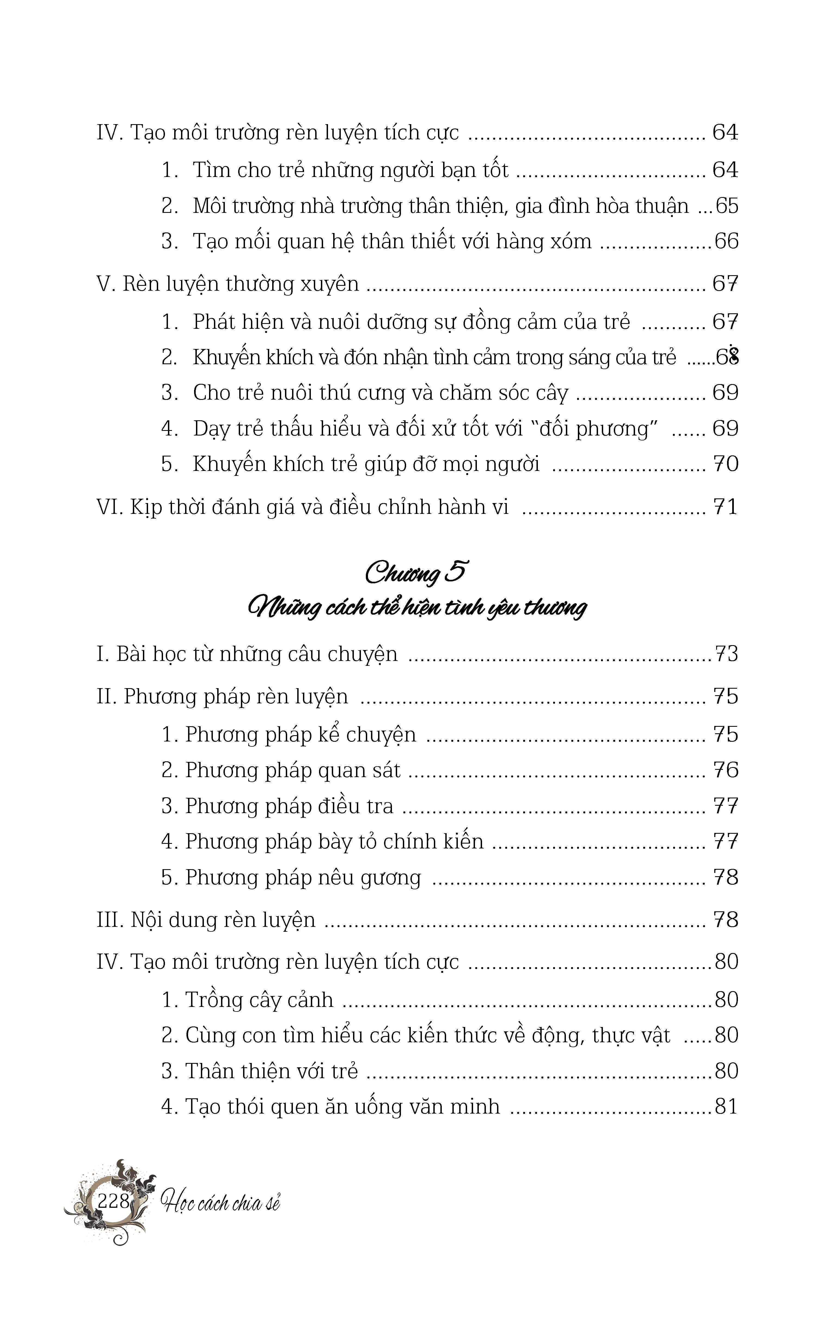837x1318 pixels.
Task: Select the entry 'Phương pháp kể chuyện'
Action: point(300,734)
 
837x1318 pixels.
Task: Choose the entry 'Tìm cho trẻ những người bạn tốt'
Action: point(350,170)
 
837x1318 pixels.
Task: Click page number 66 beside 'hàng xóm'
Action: point(726,241)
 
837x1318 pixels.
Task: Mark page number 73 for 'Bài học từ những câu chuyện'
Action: point(726,654)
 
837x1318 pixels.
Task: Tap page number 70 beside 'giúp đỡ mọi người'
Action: point(725,464)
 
